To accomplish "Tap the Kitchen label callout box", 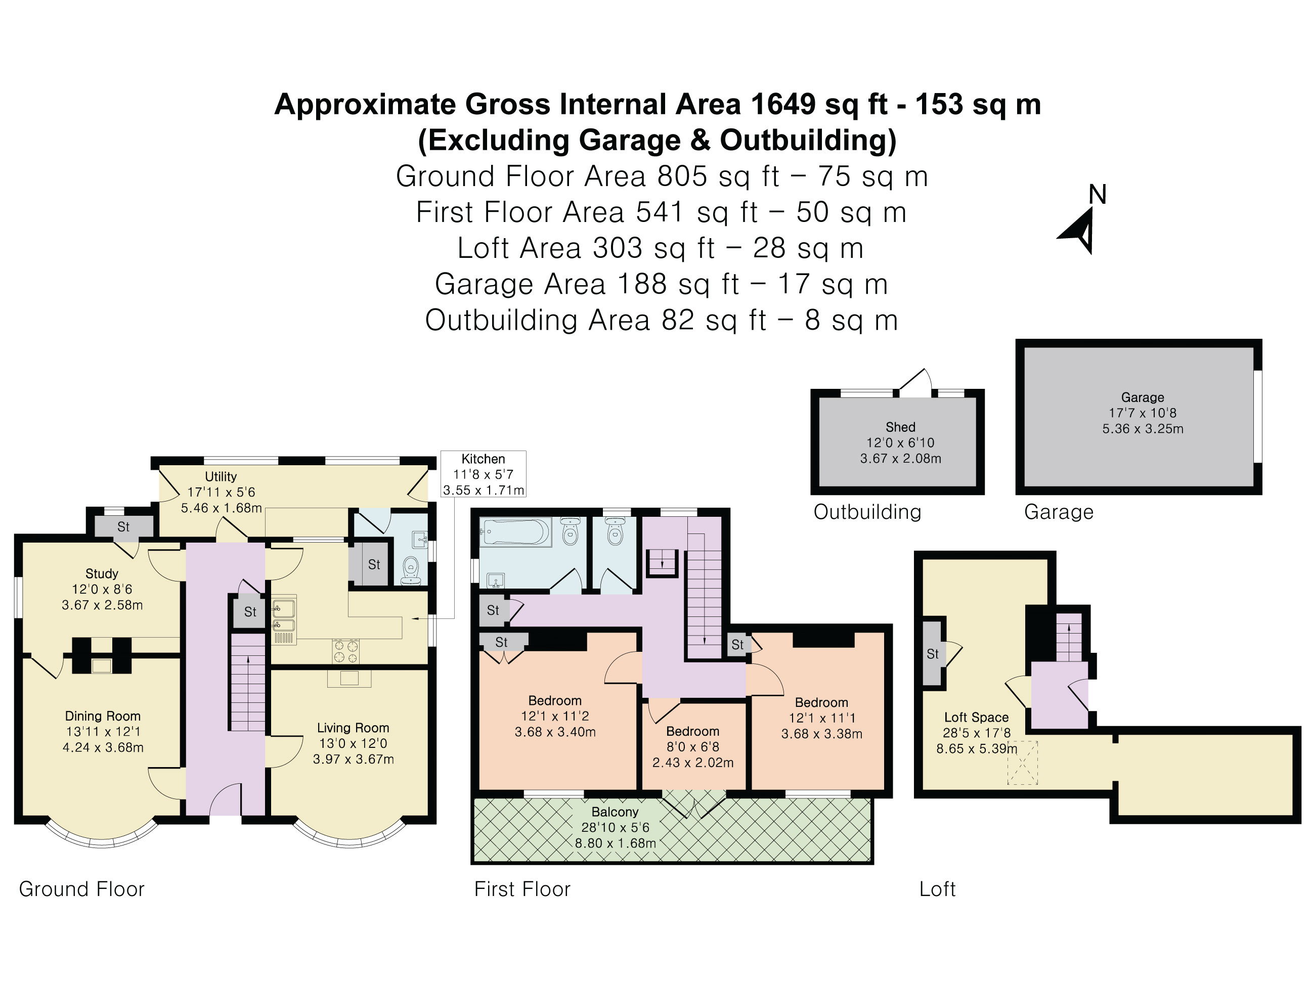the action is tap(483, 474).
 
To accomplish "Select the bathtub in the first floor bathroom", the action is tap(515, 532).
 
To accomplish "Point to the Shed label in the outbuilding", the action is tap(900, 427).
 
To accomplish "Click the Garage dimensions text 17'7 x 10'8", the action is tap(1142, 413).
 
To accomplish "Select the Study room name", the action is tap(102, 573).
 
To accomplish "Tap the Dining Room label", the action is tap(103, 716).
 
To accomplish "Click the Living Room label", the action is tap(353, 728).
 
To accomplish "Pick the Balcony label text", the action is tap(615, 812).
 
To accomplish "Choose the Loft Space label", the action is tap(976, 717).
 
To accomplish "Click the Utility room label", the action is tap(221, 476).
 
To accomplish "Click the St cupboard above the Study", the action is tap(123, 526).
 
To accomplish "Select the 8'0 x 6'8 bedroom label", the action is tap(693, 746).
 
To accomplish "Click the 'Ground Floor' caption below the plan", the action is tap(82, 889).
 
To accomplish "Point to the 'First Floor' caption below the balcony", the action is tap(522, 889).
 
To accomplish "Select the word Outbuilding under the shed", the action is tap(867, 512).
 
